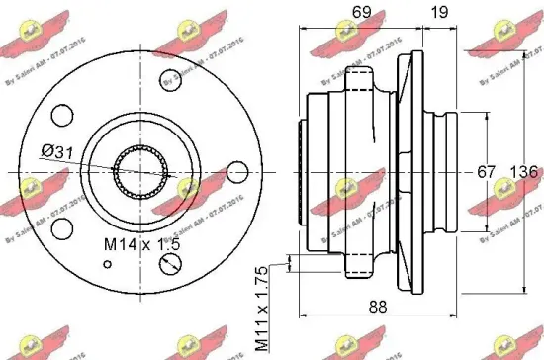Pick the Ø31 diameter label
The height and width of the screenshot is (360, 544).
[x=84, y=151]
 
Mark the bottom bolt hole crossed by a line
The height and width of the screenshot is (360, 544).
[x=170, y=263]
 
